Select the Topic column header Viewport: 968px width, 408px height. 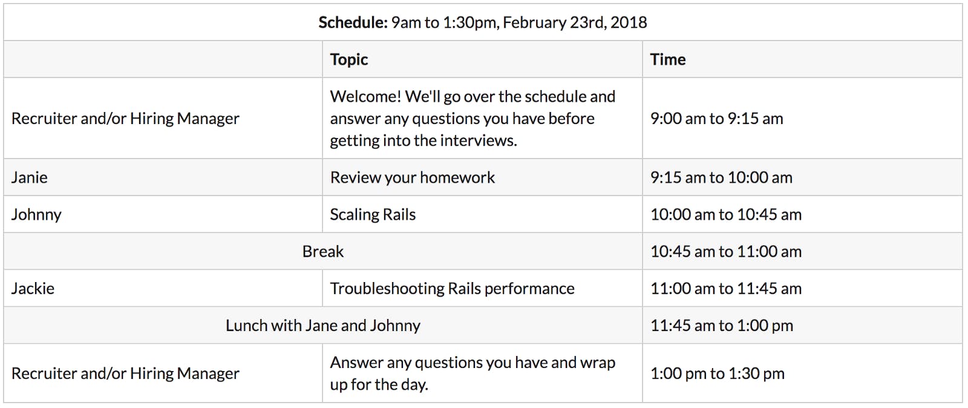point(348,60)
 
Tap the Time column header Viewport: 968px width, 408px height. point(668,59)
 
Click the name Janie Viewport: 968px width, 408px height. point(30,177)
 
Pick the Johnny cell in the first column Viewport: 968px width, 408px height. point(36,215)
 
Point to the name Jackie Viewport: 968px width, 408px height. point(33,289)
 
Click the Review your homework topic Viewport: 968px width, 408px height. point(412,177)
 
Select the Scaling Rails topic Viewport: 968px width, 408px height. point(373,215)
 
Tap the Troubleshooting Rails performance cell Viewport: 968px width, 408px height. point(452,289)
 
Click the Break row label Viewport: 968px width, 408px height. point(323,252)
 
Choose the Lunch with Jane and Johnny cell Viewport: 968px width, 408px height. point(323,326)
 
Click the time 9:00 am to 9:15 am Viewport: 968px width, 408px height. point(716,119)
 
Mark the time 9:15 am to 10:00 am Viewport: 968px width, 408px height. point(721,177)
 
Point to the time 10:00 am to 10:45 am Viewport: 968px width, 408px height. point(726,215)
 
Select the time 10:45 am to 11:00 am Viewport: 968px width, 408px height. point(726,252)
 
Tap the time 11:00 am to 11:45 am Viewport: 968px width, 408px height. point(726,289)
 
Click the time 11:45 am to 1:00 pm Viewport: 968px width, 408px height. point(722,326)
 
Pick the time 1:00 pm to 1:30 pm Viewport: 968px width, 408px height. point(718,373)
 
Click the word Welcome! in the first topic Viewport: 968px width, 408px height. point(365,96)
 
